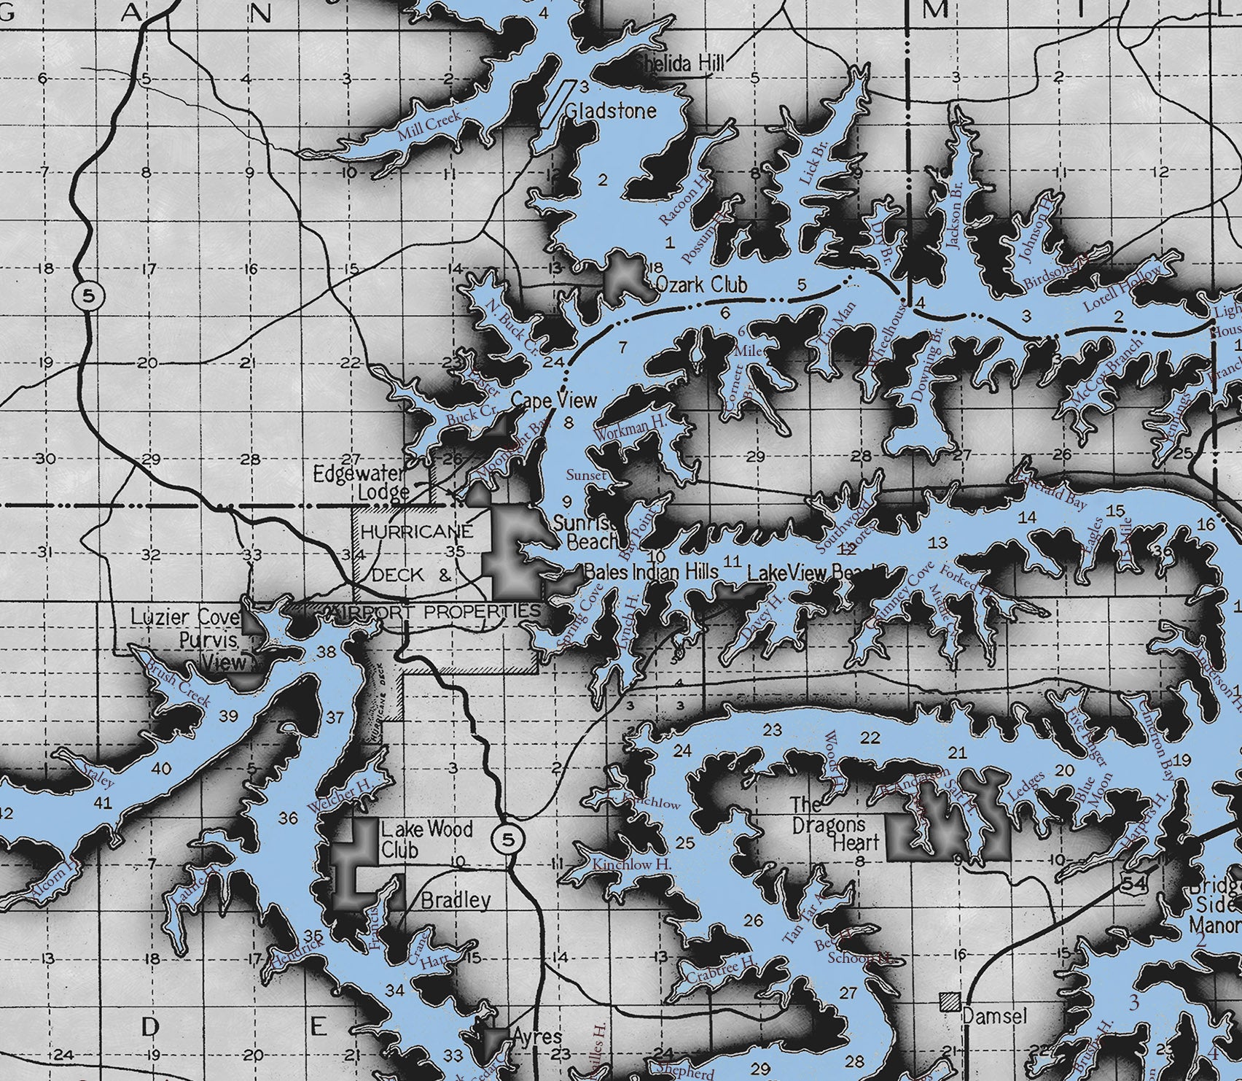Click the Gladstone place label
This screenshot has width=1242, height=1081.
point(611,112)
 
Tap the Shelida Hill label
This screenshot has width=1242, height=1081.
point(679,64)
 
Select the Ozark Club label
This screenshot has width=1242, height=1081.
point(701,284)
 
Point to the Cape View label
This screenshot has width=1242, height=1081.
point(553,400)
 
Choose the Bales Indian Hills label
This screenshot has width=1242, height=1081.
point(652,572)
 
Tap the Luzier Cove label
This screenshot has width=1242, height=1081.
point(186,617)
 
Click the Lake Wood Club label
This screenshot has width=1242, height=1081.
point(416,839)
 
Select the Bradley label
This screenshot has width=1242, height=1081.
point(456,900)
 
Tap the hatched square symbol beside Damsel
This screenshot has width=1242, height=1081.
point(949,1001)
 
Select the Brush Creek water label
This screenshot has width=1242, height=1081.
point(179,685)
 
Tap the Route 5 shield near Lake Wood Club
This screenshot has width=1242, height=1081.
point(507,839)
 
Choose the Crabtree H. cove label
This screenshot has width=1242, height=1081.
point(720,970)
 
